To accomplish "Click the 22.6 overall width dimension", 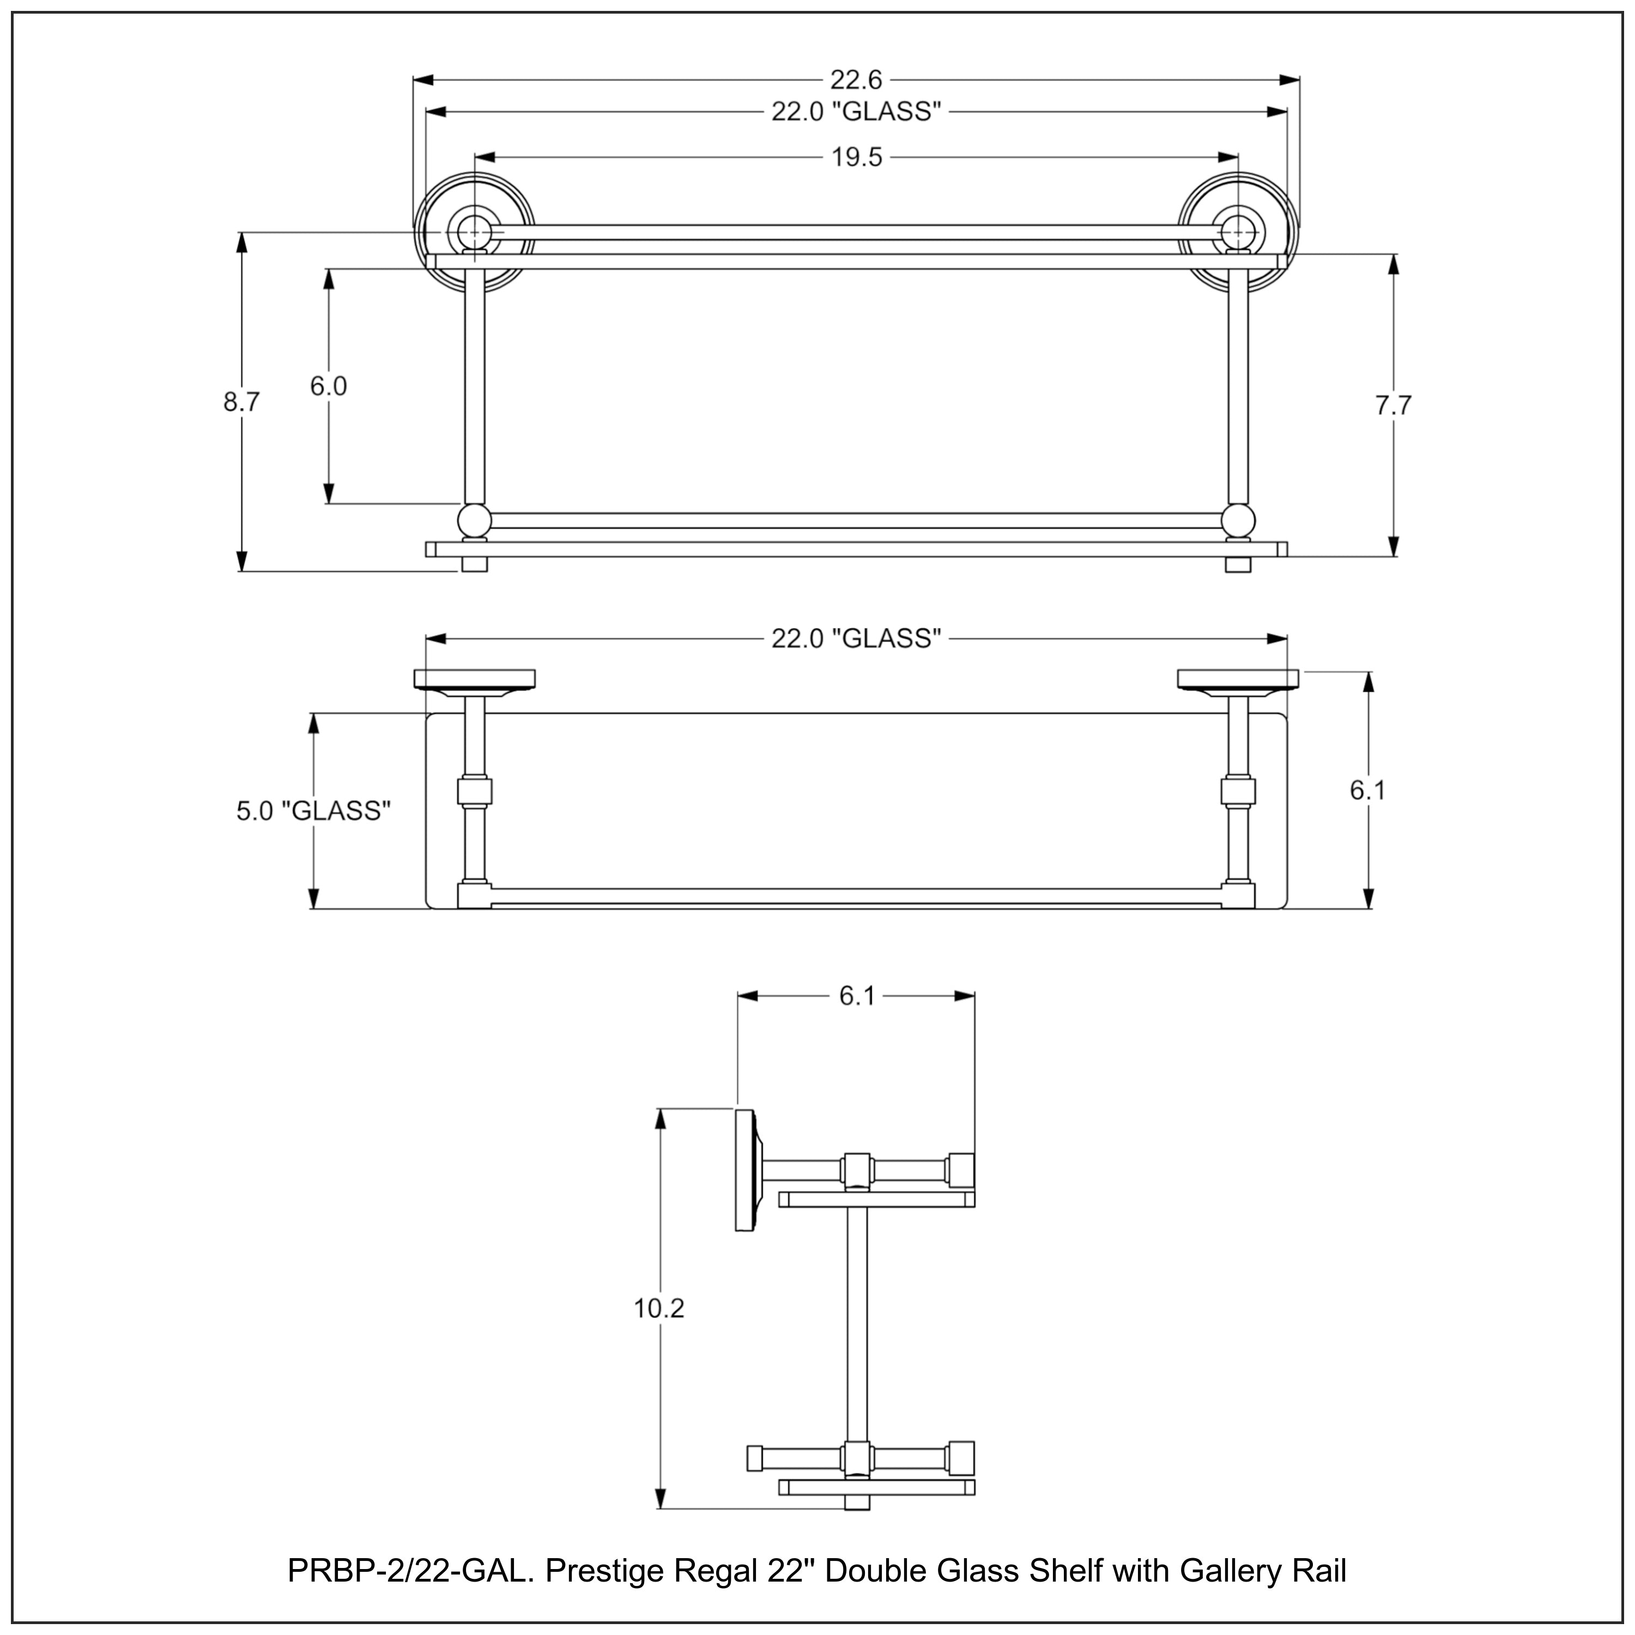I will tap(856, 80).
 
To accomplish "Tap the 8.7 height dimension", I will tap(241, 403).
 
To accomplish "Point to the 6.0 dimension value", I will tap(328, 387).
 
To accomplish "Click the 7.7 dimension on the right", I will tap(1393, 406).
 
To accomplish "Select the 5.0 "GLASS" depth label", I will tap(313, 812).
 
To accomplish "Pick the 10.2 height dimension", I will tap(658, 1309).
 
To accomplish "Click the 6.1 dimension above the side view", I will tap(856, 997).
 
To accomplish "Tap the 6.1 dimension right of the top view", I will tap(1367, 790).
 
